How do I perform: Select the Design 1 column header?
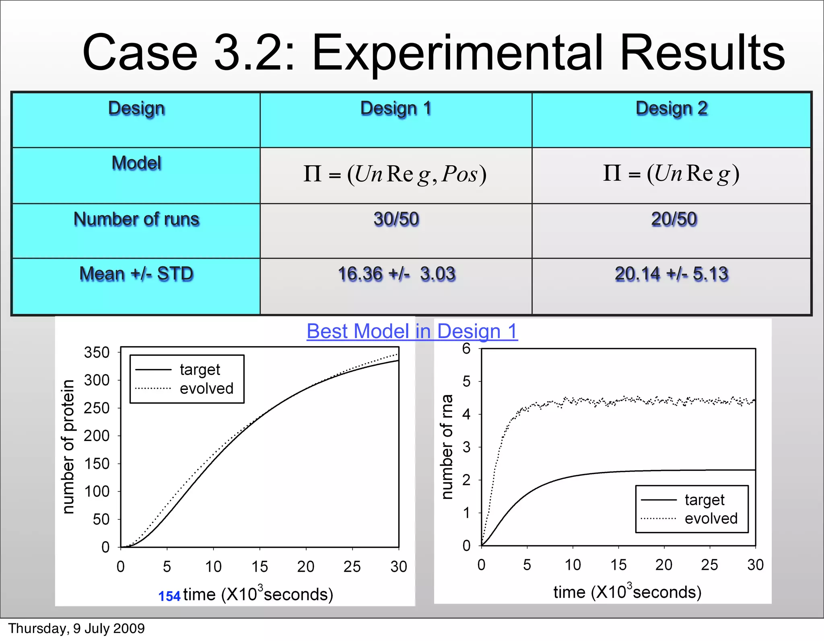pos(396,109)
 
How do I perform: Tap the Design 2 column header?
pos(671,109)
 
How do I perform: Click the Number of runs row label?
pos(136,220)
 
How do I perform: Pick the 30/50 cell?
pos(396,220)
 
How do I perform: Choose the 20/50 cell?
pos(674,220)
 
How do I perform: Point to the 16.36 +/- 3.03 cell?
pos(396,274)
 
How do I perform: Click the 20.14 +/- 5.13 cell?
pos(672,274)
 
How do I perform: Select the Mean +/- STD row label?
pos(136,274)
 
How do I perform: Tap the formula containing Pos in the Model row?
pos(395,175)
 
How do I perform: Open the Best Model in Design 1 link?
pos(412,332)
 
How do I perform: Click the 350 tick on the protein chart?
pos(97,353)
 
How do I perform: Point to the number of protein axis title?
pos(69,447)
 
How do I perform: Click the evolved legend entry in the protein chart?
pos(206,389)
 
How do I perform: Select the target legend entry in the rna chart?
pos(704,500)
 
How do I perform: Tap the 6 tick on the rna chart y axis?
pos(466,349)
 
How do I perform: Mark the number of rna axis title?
pos(447,447)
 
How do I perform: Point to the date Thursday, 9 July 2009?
pos(76,629)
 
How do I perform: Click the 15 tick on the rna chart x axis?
pos(618,565)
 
